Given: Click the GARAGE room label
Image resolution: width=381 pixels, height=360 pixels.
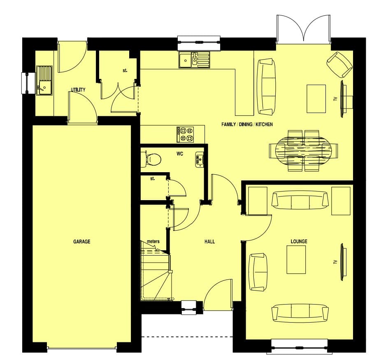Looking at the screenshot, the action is coord(81,241).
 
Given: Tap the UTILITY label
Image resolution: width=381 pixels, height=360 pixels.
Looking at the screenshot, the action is coord(78,90).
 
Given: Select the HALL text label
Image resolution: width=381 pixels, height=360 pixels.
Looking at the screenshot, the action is coord(209,242).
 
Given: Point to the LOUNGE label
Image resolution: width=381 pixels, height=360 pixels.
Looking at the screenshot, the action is coord(299,241).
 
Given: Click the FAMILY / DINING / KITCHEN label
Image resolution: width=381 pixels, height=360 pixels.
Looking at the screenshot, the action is coord(247,124).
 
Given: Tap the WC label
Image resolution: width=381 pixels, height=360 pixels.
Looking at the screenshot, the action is coord(180,154).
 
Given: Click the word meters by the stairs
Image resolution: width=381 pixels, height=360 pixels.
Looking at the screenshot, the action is coord(153,241).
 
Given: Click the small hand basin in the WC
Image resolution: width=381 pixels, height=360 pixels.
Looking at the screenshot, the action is coord(199,159).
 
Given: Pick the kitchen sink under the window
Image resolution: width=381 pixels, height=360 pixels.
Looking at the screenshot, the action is coord(194,60).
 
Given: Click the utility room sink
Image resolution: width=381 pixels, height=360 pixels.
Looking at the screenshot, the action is coord(44,81).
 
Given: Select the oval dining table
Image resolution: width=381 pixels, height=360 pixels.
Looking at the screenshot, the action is coord(303,151).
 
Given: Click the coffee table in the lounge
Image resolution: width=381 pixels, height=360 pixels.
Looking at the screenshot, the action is coord(296,259).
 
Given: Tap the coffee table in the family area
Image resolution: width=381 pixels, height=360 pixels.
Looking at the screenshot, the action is coord(316,99).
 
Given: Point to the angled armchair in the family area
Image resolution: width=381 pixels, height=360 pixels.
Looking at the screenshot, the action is coord(339,65).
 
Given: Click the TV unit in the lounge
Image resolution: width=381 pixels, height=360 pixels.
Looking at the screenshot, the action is coord(343,262).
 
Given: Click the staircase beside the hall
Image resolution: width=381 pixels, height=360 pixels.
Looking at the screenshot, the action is coord(156,271).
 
